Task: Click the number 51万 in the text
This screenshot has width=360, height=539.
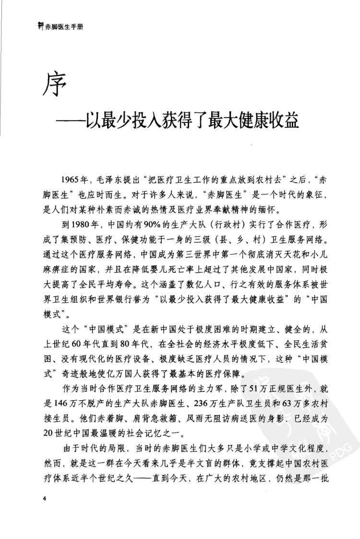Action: point(254,381)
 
